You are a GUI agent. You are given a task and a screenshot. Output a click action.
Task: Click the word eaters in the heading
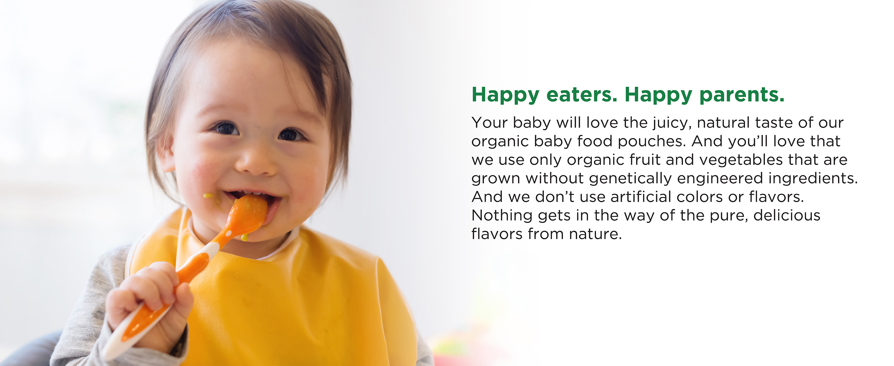coord(582,94)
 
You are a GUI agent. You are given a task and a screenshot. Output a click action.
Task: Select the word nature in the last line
coord(595,234)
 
